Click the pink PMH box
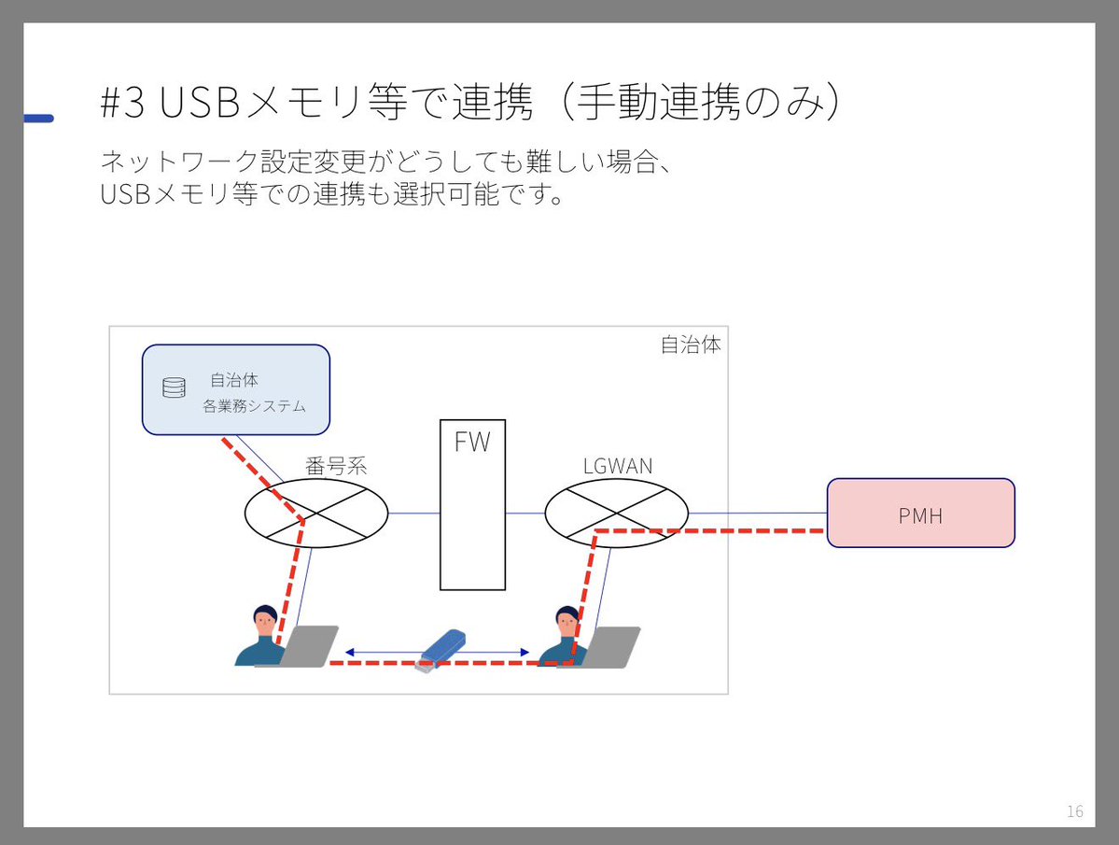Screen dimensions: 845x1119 [x=920, y=513]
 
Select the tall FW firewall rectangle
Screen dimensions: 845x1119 [x=472, y=505]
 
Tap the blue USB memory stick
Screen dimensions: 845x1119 [x=441, y=649]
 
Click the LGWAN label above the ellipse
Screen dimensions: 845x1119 [x=617, y=466]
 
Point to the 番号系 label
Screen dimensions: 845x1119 [x=336, y=466]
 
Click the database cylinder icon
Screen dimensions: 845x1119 [x=174, y=388]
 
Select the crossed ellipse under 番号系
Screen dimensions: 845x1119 [x=316, y=513]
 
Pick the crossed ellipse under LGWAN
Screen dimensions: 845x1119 [x=616, y=513]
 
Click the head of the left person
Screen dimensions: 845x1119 [x=264, y=619]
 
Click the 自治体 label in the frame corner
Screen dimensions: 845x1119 [x=691, y=345]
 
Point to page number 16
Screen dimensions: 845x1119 [x=1074, y=810]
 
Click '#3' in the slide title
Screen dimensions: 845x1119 [x=122, y=106]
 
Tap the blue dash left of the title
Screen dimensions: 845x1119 [x=39, y=119]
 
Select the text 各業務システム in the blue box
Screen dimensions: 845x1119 [x=254, y=407]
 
